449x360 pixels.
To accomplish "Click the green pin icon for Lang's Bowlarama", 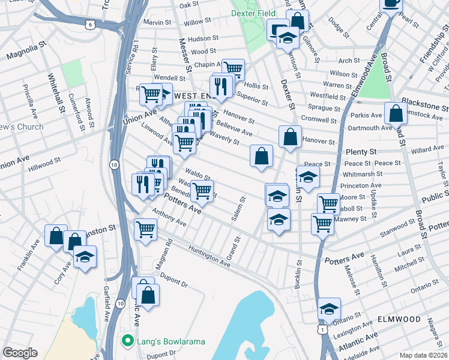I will pos(127,341).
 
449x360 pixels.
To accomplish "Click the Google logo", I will pos(20,353).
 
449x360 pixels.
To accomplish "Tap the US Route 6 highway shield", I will pos(89,24).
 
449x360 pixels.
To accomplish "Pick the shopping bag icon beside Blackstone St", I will pos(397,113).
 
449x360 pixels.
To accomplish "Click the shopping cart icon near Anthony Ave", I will pos(146,229).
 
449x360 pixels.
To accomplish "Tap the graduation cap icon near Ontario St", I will pos(329,308).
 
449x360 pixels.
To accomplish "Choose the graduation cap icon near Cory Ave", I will pos(85,257).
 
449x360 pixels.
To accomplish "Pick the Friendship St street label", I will pos(430,49).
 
